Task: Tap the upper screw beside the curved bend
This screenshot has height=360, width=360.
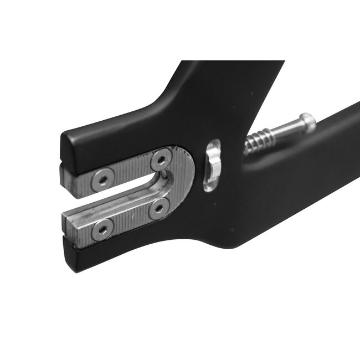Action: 161,160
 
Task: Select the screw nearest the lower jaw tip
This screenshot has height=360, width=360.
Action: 101,230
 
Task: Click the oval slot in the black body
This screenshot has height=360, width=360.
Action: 212,165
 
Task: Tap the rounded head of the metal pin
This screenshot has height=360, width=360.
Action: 306,121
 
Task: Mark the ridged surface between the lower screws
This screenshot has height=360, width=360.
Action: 130,219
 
